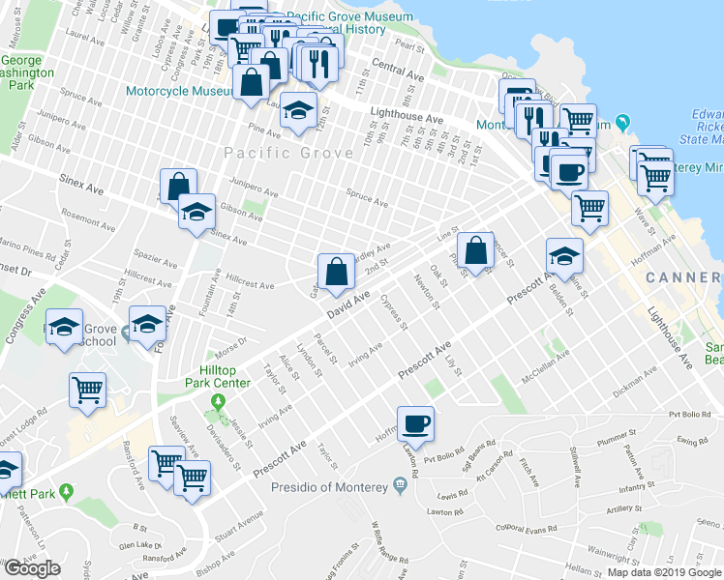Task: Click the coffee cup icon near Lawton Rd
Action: tap(415, 423)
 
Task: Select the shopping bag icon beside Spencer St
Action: tap(475, 250)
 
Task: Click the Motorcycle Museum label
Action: tap(179, 92)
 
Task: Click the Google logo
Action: tap(32, 568)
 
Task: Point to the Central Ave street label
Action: tap(398, 73)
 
